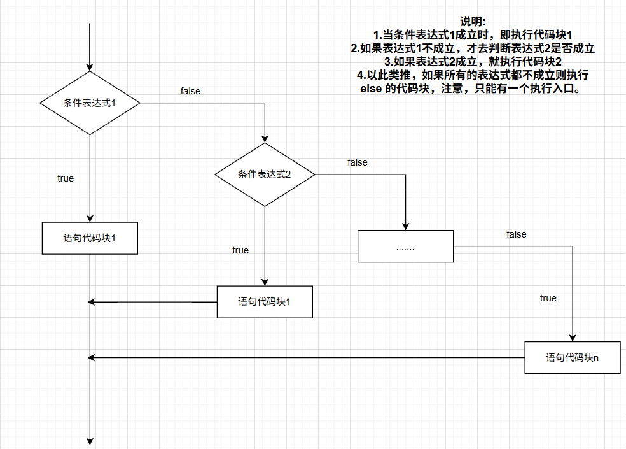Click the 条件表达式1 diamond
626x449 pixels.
(90, 103)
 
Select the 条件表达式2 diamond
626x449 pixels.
(265, 174)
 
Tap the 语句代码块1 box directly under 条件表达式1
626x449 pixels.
(90, 238)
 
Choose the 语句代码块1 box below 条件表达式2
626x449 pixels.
(265, 301)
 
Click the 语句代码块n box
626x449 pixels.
(572, 357)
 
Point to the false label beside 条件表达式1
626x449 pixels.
(190, 91)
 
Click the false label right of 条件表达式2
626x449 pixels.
(358, 162)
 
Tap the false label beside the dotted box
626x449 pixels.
(517, 234)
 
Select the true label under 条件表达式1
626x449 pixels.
(66, 178)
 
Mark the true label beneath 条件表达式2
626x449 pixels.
(240, 250)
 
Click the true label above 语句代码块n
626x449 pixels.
(548, 298)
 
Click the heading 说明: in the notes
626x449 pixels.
(473, 22)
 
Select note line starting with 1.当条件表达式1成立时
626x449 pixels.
(473, 35)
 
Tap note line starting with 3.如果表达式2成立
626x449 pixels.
(473, 62)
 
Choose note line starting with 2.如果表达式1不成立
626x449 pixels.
(473, 48)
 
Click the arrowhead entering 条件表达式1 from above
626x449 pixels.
(90, 66)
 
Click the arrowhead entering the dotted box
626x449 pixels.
(405, 226)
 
